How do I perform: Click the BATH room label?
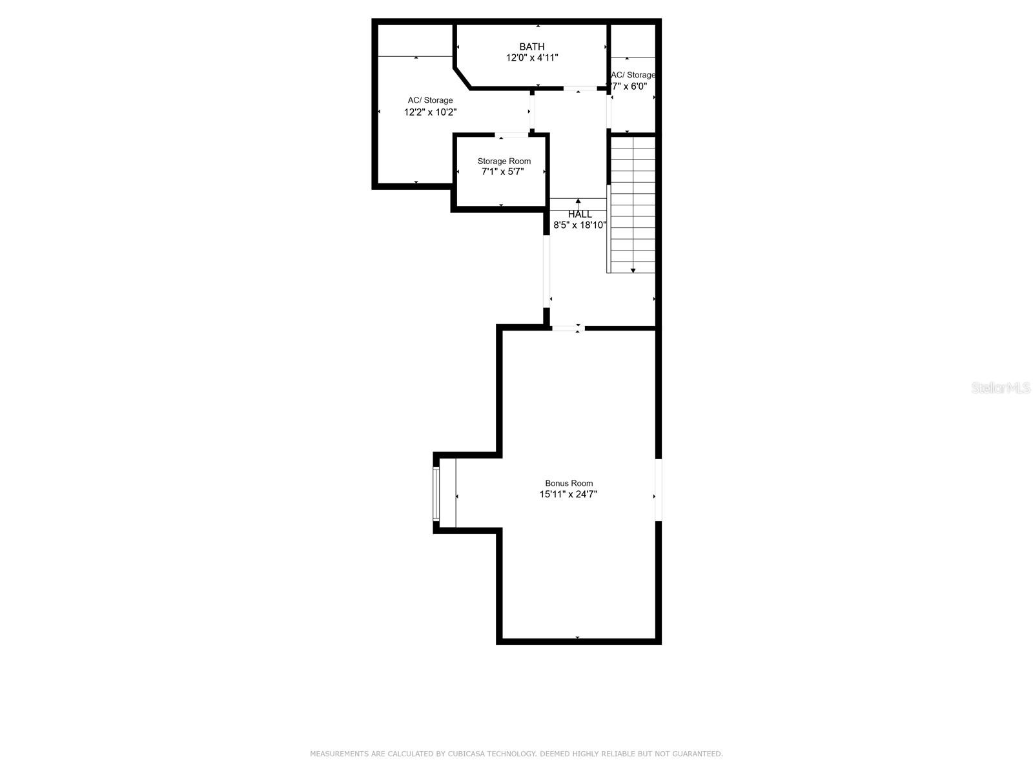(532, 46)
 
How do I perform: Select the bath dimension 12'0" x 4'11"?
(532, 58)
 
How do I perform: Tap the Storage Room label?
(504, 161)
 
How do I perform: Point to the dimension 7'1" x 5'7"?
(503, 172)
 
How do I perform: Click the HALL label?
(580, 214)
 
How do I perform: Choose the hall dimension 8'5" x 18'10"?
(580, 225)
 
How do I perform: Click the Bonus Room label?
(569, 483)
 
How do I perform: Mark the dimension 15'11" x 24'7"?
(569, 495)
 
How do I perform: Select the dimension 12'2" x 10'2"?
(431, 112)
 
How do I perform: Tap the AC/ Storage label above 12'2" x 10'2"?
(430, 101)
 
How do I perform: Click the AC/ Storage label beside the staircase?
(633, 75)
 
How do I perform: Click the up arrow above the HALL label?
(578, 202)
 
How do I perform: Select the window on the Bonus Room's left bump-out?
(436, 494)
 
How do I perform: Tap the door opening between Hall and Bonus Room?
(568, 329)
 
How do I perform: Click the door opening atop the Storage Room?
(512, 135)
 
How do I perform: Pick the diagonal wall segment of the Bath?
(462, 77)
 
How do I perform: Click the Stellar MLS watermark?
(1001, 388)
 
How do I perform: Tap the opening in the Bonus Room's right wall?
(658, 490)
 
